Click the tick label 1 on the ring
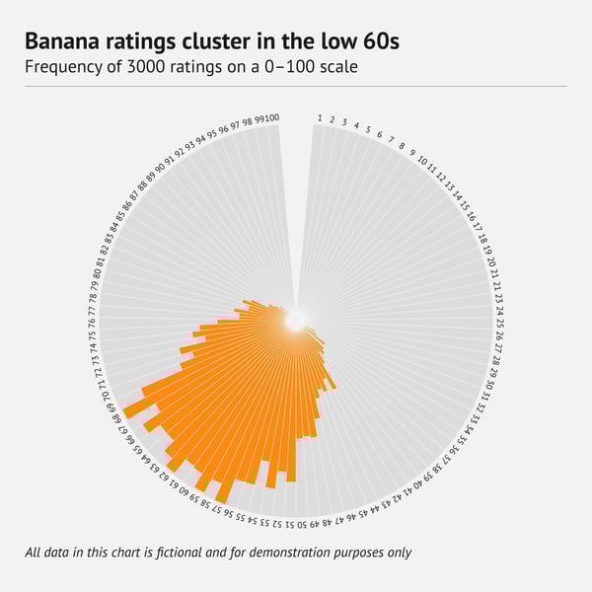[320, 118]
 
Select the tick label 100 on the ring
[272, 118]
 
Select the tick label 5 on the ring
[368, 130]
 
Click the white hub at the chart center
[296, 321]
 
